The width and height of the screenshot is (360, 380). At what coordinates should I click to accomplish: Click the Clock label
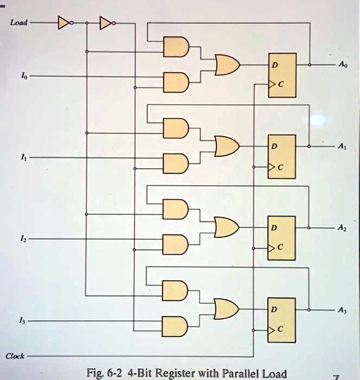(15, 356)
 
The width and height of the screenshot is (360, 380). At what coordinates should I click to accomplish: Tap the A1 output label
(341, 147)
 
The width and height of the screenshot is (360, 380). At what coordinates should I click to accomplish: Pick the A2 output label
(341, 227)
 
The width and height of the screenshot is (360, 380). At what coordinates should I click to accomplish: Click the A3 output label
(341, 309)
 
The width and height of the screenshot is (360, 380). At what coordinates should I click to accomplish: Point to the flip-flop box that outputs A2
(281, 238)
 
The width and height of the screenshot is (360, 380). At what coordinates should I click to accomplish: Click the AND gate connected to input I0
(176, 81)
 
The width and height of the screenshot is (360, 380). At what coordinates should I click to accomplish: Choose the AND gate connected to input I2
(176, 244)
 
